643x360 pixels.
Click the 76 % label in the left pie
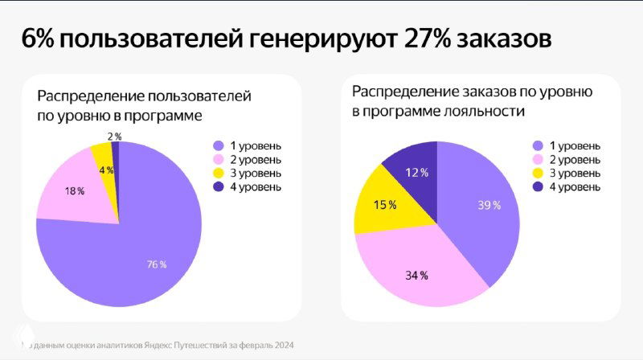[x=156, y=264]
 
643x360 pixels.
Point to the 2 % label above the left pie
[x=114, y=136]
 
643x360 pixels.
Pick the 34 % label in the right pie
[x=416, y=276]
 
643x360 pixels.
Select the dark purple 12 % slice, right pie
[x=414, y=171]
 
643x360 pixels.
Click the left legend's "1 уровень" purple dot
[x=217, y=145]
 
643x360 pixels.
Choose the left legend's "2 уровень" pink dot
[x=217, y=160]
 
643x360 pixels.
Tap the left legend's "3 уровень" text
[x=256, y=174]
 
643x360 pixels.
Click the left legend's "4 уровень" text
[x=256, y=187]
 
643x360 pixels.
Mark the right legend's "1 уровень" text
[x=575, y=145]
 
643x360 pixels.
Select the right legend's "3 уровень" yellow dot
[x=537, y=174]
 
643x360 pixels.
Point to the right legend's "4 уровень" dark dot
[x=537, y=187]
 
